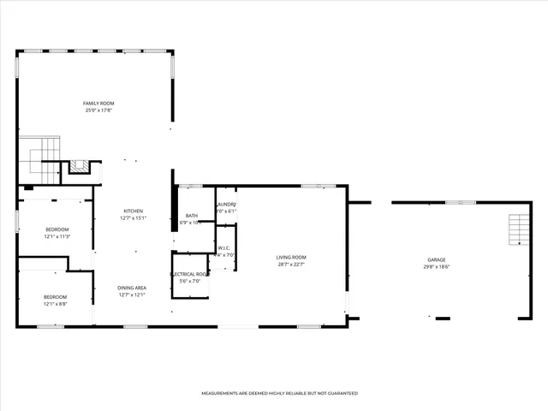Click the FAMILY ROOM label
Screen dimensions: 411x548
pyautogui.click(x=99, y=103)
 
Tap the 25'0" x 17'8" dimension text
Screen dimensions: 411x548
pyautogui.click(x=99, y=110)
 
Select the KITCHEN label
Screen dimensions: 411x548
pyautogui.click(x=133, y=211)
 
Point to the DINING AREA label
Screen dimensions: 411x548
pyautogui.click(x=132, y=288)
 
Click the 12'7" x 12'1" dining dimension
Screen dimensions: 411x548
pyautogui.click(x=132, y=295)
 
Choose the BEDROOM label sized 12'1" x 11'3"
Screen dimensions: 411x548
pyautogui.click(x=57, y=229)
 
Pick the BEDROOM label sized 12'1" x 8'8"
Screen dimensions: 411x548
pyautogui.click(x=57, y=296)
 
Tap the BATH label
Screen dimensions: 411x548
pyautogui.click(x=192, y=215)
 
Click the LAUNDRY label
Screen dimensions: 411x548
pyautogui.click(x=227, y=204)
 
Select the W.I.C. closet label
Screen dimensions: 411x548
pyautogui.click(x=225, y=247)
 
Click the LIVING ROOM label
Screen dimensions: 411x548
pyautogui.click(x=291, y=257)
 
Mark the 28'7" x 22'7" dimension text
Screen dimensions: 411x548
pyautogui.click(x=291, y=265)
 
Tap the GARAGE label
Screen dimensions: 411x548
pyautogui.click(x=437, y=259)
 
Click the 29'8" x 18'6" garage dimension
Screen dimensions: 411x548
pyautogui.click(x=437, y=267)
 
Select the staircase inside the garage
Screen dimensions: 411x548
pyautogui.click(x=516, y=229)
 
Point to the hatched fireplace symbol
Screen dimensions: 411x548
pyautogui.click(x=80, y=166)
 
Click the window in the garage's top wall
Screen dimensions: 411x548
pyautogui.click(x=460, y=202)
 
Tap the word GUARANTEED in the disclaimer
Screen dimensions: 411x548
pyautogui.click(x=339, y=393)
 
